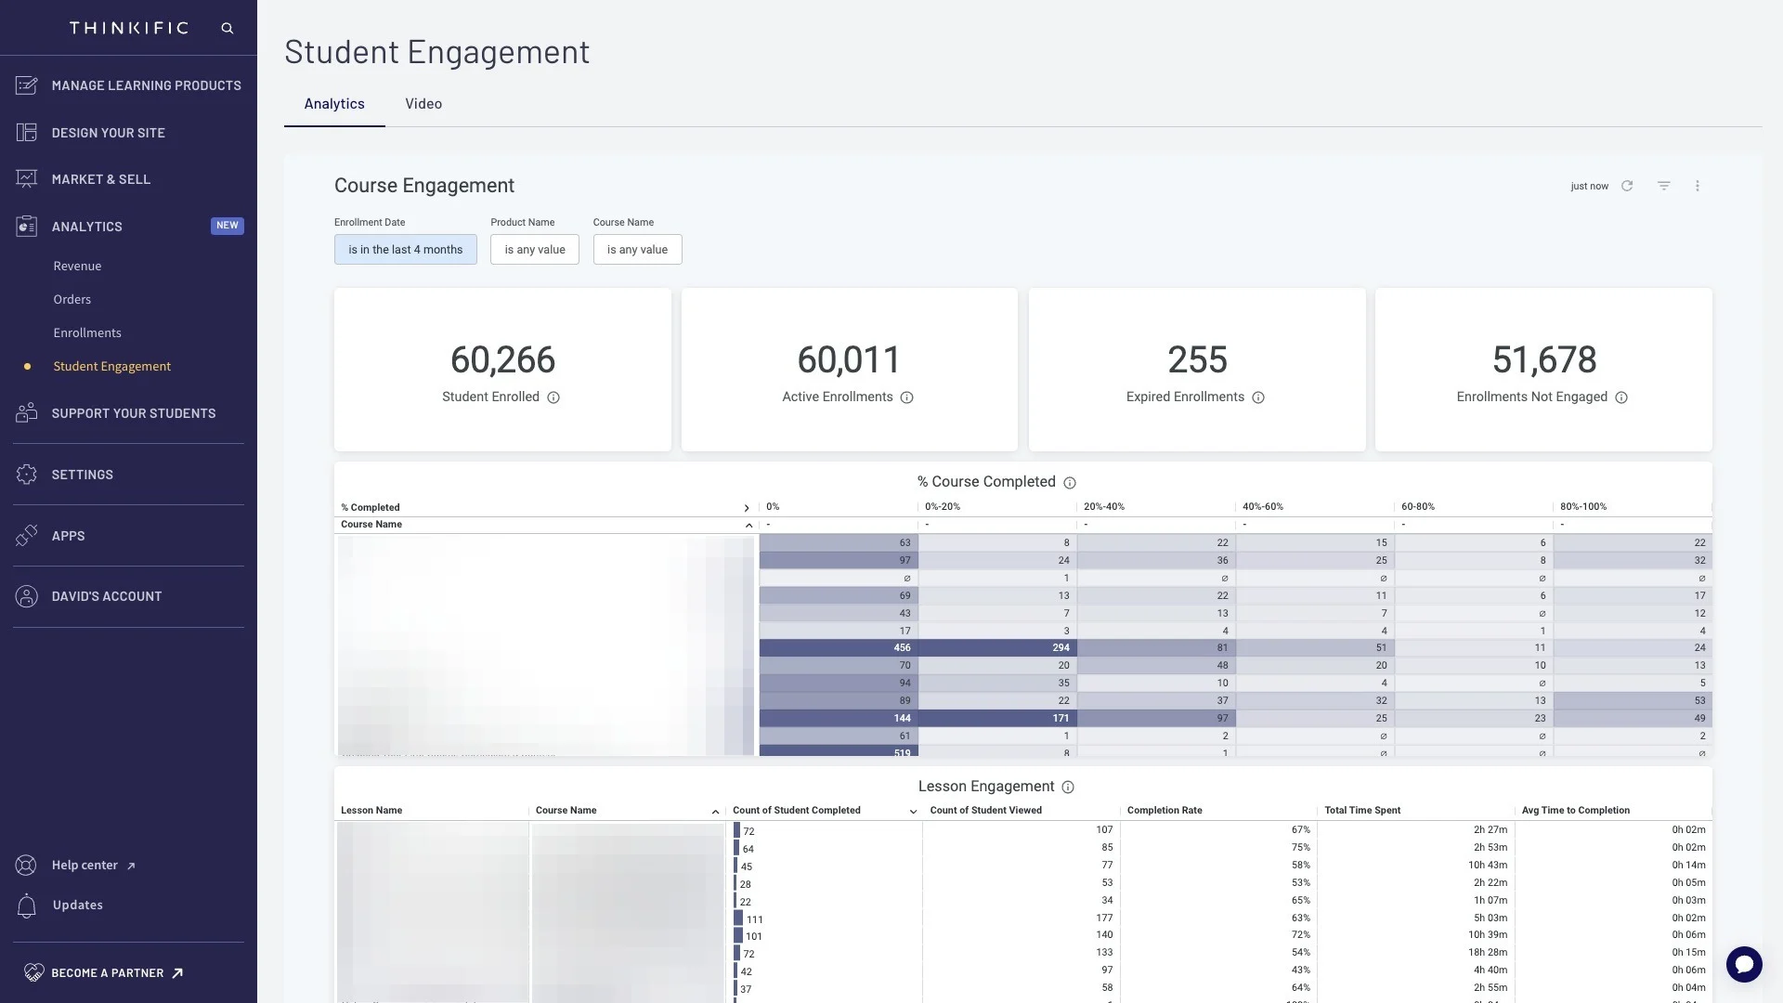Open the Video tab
423,104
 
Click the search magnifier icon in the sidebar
227,29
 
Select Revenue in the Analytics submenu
77,267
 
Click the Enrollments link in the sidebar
87,333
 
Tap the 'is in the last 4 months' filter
405,250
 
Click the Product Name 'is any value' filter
534,250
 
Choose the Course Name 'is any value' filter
637,250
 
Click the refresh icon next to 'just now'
1627,187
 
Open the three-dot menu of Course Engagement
1697,187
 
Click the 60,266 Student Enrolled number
502,360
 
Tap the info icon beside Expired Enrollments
1257,398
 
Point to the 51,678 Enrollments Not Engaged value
1543,360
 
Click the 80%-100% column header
1582,507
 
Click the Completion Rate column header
1164,811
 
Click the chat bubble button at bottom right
1743,964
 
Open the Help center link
85,866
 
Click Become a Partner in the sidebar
107,973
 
